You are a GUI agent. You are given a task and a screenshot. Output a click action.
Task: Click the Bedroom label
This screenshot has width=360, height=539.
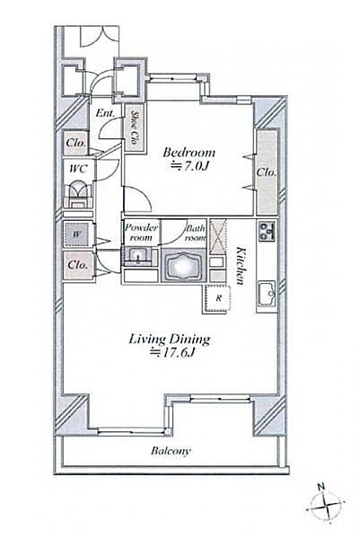pos(189,153)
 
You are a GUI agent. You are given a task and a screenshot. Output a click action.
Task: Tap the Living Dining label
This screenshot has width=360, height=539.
pos(170,340)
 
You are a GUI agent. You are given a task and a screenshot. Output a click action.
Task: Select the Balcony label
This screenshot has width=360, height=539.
pos(170,451)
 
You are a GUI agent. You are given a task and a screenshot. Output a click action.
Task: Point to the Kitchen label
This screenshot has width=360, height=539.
pos(241,266)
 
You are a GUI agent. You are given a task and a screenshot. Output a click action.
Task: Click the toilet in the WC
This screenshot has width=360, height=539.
pos(78,194)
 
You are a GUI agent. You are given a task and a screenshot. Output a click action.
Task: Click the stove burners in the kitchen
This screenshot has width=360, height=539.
pos(267,231)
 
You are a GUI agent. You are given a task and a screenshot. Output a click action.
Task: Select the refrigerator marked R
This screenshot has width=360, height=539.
pos(216,299)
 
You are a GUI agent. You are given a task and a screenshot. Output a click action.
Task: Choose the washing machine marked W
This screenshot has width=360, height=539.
pos(77,234)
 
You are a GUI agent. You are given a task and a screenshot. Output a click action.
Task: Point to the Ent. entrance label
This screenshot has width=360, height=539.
pos(105,112)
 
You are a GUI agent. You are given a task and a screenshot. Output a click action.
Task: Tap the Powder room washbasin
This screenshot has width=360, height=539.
pos(138,257)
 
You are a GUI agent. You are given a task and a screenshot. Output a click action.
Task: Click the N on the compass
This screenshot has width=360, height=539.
pos(320,486)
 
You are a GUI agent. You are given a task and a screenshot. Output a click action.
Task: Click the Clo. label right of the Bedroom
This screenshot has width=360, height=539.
pos(267,172)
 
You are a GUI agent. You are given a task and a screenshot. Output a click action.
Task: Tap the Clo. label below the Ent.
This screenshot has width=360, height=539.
pos(76,142)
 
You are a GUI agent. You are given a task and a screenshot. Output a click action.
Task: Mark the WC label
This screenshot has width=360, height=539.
pos(78,169)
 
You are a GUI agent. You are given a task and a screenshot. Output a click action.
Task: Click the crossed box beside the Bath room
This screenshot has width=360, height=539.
pos(218,237)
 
